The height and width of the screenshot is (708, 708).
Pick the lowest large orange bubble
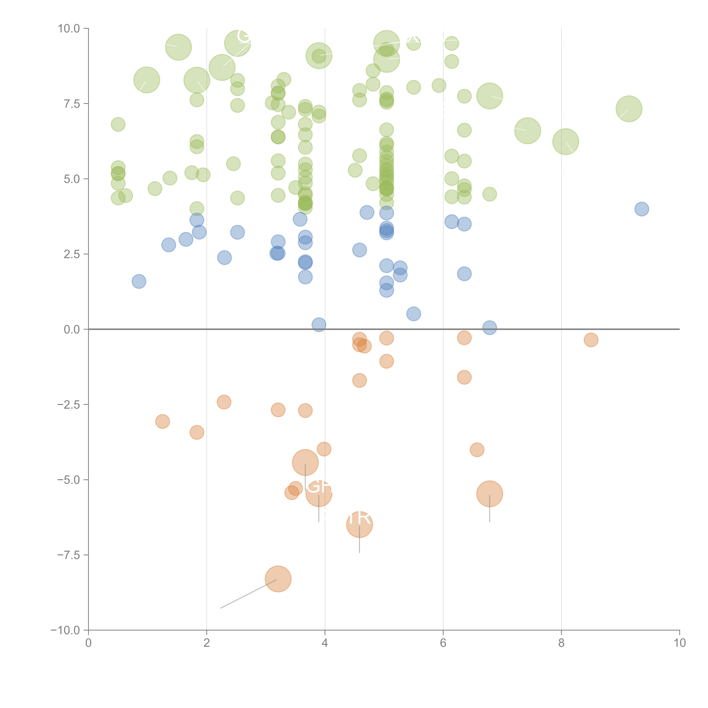pyautogui.click(x=278, y=579)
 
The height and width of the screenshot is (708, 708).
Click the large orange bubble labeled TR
pyautogui.click(x=360, y=524)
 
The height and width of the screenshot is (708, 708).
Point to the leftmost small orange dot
pyautogui.click(x=162, y=421)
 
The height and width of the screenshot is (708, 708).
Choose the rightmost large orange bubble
pyautogui.click(x=490, y=494)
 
